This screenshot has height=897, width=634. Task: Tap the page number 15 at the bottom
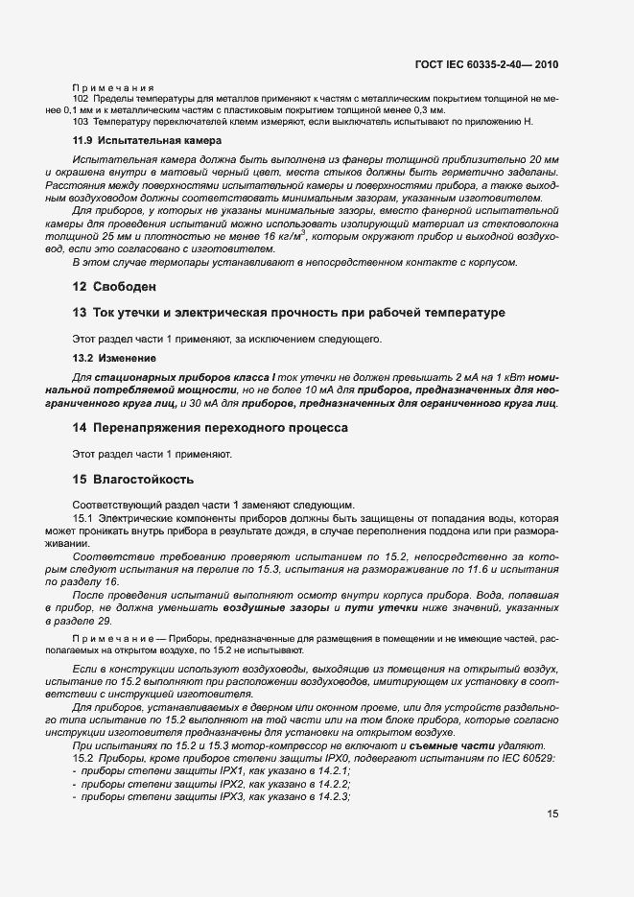pyautogui.click(x=552, y=814)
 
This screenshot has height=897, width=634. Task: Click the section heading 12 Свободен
pyautogui.click(x=114, y=286)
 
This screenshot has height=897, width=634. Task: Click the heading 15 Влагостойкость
pyautogui.click(x=133, y=478)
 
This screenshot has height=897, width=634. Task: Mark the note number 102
pyautogui.click(x=81, y=99)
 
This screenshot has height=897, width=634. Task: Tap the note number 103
pyautogui.click(x=81, y=121)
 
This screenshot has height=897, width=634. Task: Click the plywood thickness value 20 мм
pyautogui.click(x=542, y=157)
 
